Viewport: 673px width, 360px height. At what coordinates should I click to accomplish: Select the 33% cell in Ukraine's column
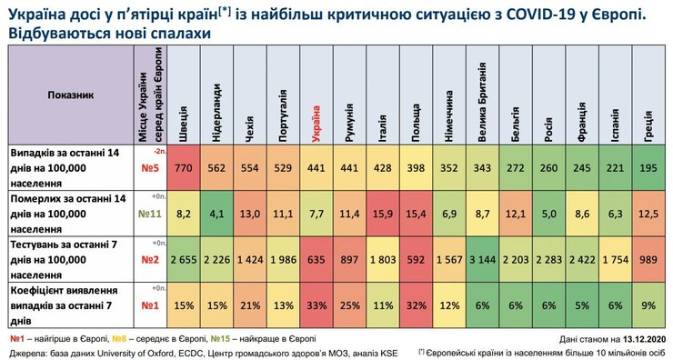click(x=316, y=305)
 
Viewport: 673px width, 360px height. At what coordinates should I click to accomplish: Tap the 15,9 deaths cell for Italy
click(x=381, y=215)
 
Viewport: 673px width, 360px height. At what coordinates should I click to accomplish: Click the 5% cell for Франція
click(x=581, y=305)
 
